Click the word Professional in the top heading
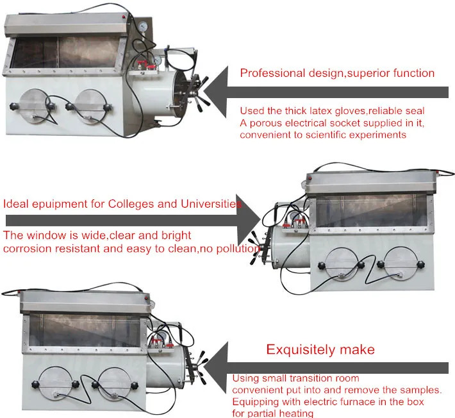[x=272, y=73]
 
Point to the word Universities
[x=211, y=204]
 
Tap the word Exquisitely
[x=301, y=349]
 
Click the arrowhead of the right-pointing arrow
[x=249, y=220]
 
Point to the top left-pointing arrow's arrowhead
[x=215, y=92]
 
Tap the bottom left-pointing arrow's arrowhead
[x=215, y=367]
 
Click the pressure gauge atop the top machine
[x=143, y=27]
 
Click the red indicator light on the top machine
[x=124, y=17]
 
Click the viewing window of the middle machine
[x=371, y=211]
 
